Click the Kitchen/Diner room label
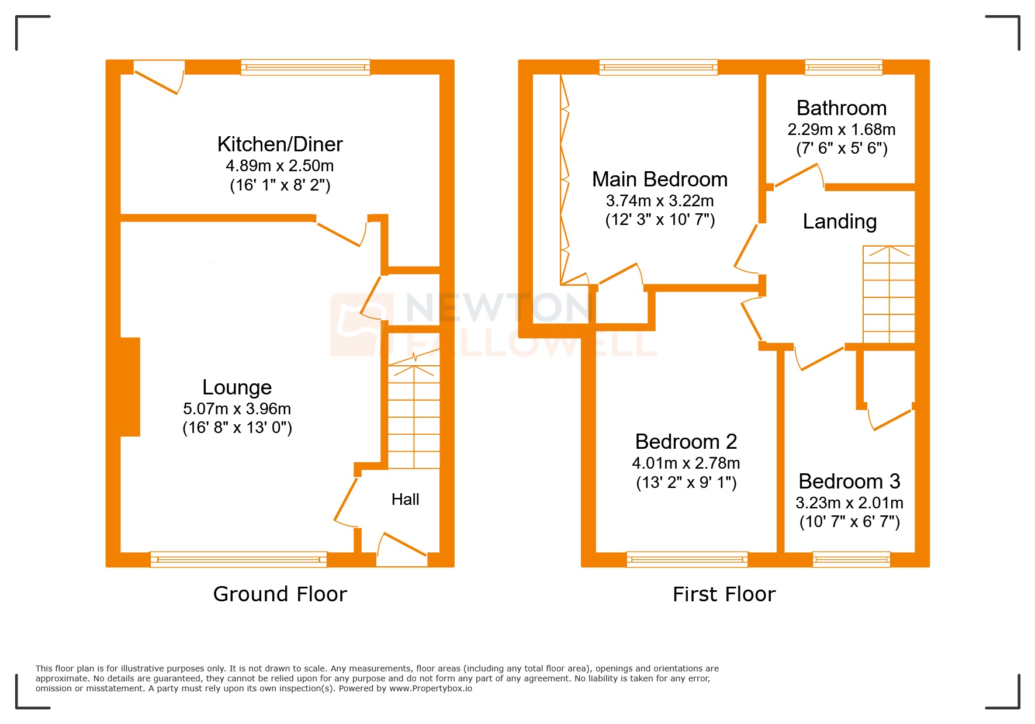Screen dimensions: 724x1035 click(280, 144)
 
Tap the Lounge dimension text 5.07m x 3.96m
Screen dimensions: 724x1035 click(237, 408)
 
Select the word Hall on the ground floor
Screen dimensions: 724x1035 click(405, 500)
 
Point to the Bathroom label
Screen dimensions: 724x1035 click(841, 108)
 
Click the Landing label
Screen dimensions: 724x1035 click(839, 221)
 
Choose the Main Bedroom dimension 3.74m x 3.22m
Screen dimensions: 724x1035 click(659, 201)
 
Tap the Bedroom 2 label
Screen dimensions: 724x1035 click(686, 442)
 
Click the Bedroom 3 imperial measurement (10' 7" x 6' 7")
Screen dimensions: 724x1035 click(849, 522)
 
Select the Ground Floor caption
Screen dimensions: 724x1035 click(280, 594)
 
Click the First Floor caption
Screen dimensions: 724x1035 click(724, 594)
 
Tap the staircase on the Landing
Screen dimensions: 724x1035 click(888, 295)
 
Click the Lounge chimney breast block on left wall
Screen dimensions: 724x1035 click(130, 387)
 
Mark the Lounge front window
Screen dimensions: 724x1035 click(238, 559)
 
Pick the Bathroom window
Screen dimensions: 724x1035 click(843, 67)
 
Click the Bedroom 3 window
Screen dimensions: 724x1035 click(851, 559)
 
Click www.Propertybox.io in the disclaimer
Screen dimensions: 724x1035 click(430, 688)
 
